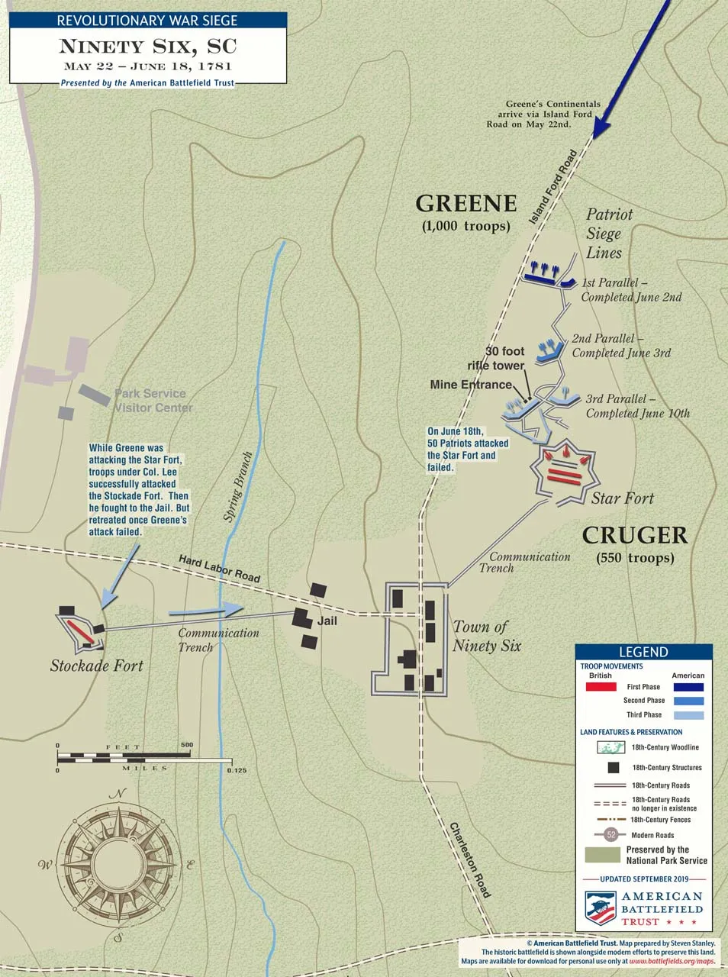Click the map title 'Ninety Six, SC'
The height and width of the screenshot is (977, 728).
click(x=148, y=46)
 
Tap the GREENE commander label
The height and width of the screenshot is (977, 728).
click(x=465, y=204)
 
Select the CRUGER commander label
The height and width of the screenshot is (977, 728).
click(x=635, y=535)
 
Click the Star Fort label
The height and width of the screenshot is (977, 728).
click(x=623, y=498)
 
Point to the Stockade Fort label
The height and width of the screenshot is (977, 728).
click(x=96, y=666)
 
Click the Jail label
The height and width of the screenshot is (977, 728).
click(x=327, y=621)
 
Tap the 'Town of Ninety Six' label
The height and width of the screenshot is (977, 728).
click(x=487, y=636)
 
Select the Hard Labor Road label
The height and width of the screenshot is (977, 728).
click(x=219, y=569)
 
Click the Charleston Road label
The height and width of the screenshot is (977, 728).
click(x=470, y=859)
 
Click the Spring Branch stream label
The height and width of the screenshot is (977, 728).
click(x=238, y=487)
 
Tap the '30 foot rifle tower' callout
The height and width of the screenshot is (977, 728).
click(x=497, y=358)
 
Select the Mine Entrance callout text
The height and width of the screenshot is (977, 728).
click(x=470, y=385)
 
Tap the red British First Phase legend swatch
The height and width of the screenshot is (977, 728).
click(x=601, y=687)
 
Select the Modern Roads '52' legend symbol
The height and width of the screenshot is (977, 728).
click(x=610, y=834)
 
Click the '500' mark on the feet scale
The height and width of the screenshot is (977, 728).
click(x=187, y=745)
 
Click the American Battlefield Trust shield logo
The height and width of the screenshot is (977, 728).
click(x=601, y=908)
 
